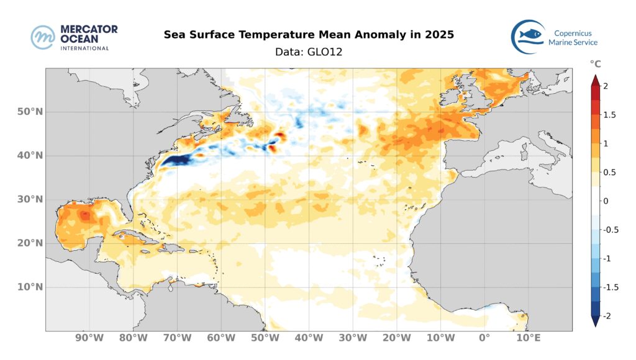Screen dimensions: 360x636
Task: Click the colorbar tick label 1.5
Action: pos(609,115)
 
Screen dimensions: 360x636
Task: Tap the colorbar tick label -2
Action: pos(608,316)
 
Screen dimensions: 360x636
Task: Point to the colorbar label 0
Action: pos(606,201)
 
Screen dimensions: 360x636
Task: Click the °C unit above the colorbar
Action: pos(595,64)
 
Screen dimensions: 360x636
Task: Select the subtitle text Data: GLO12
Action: pos(309,52)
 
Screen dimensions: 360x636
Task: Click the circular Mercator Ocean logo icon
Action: pos(44,37)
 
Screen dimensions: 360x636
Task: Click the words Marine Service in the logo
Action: pos(573,42)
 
